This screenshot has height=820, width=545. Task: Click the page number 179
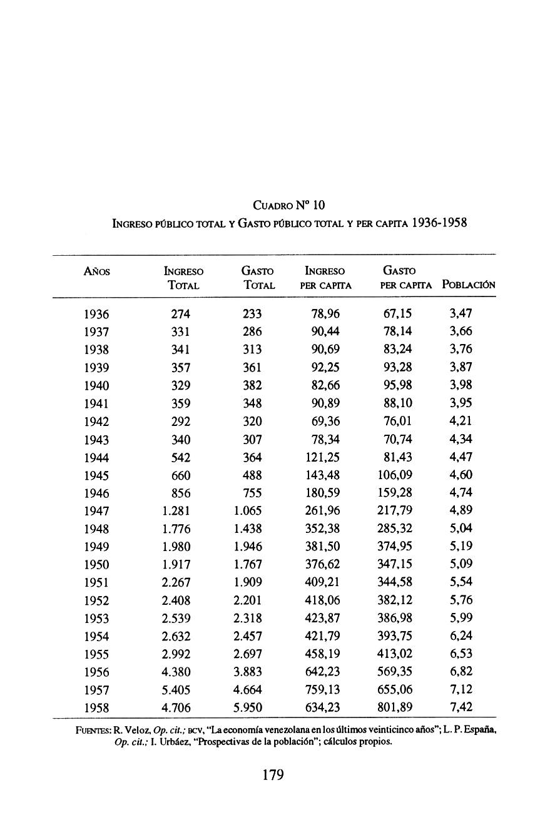(273, 775)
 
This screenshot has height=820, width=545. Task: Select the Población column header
(469, 285)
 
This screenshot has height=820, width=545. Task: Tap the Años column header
(96, 271)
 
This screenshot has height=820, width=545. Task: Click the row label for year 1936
(96, 314)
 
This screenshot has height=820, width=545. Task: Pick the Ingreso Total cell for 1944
(181, 458)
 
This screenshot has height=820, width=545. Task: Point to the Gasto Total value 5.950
(247, 708)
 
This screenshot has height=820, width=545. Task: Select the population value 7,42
(461, 707)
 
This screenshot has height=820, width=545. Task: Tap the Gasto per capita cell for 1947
(394, 510)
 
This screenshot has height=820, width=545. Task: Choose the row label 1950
(96, 564)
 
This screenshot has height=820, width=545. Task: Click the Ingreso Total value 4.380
(176, 672)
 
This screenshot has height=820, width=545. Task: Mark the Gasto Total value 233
(252, 314)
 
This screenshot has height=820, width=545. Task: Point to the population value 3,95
(461, 403)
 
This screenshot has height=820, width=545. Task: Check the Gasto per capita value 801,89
(394, 708)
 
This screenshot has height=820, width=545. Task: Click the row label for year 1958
(96, 708)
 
